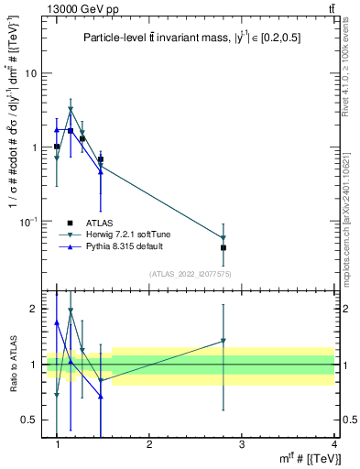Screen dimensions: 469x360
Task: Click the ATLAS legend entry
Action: (x=97, y=223)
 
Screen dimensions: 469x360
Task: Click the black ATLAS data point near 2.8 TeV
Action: (x=224, y=247)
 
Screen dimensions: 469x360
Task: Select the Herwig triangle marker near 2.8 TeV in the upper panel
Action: (x=224, y=238)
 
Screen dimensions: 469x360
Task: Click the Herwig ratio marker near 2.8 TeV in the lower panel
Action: (x=224, y=342)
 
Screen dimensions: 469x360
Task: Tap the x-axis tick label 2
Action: (x=149, y=444)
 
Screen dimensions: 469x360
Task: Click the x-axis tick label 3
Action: (x=241, y=444)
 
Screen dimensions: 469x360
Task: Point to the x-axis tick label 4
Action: (x=333, y=444)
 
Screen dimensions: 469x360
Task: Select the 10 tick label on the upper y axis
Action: (x=29, y=73)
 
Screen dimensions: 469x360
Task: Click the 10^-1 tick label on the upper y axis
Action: (x=27, y=221)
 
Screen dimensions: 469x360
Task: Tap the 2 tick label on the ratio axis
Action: (x=32, y=309)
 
